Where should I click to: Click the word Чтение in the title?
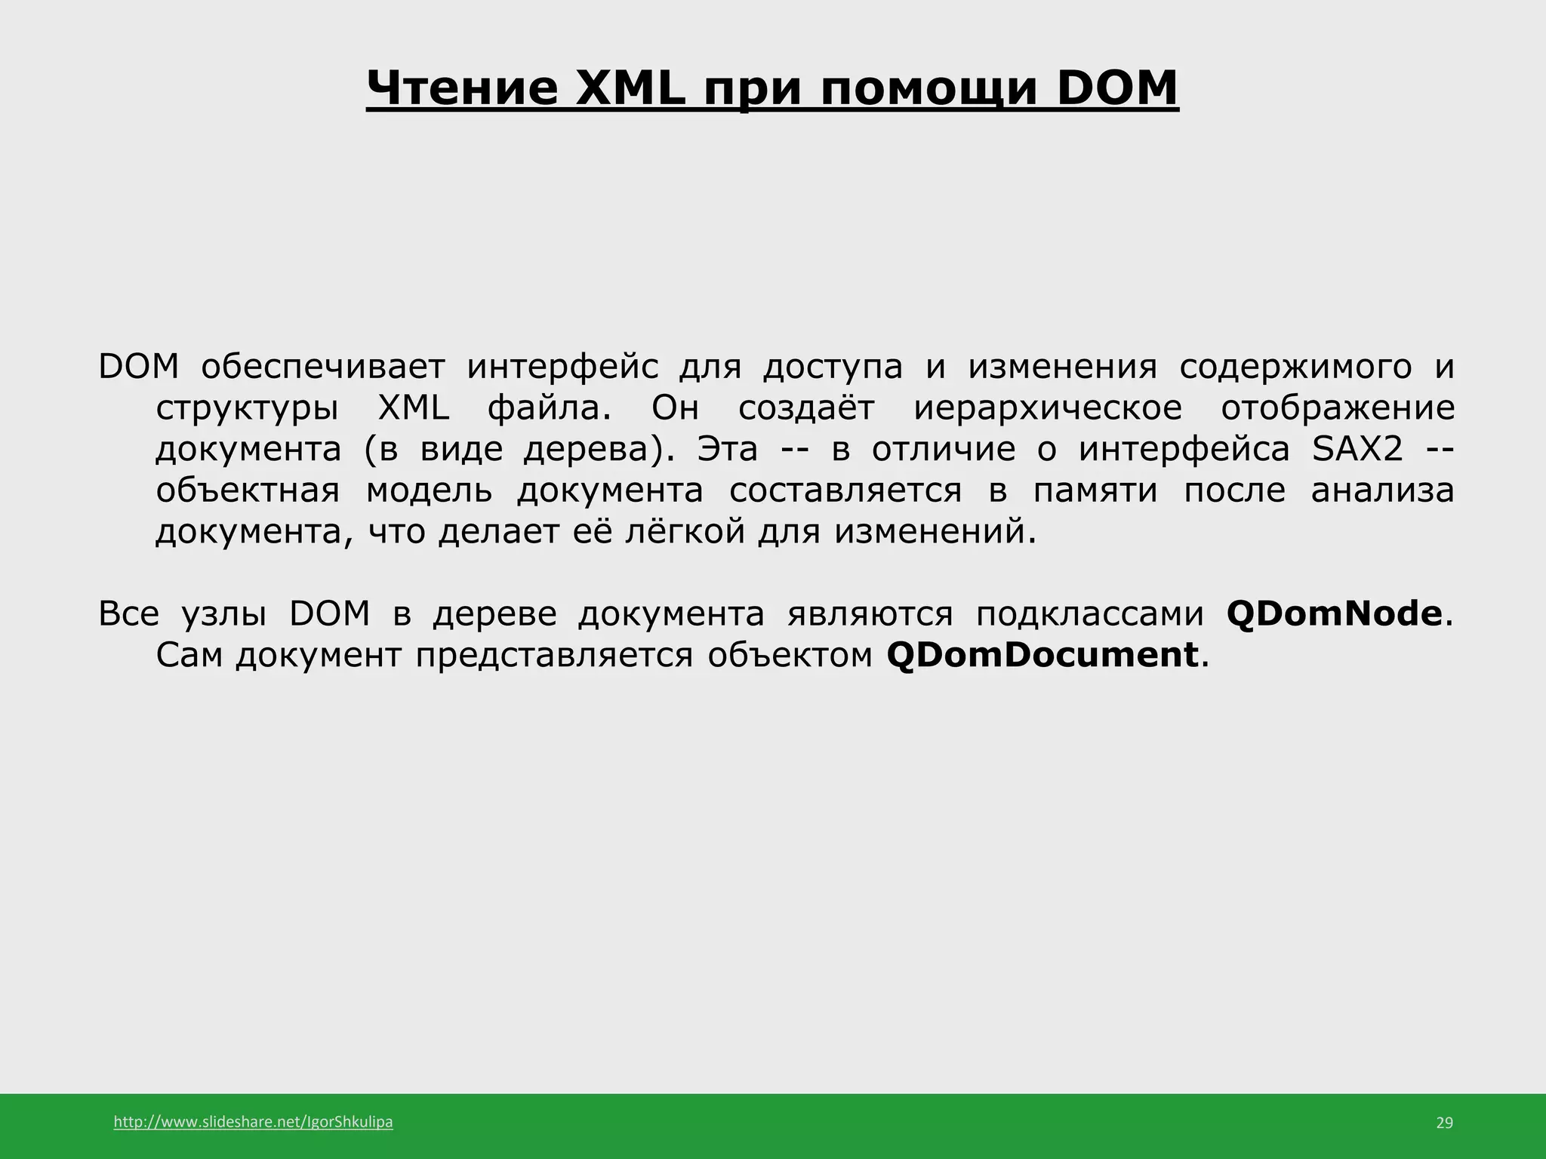coord(462,88)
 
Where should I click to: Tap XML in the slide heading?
coord(631,88)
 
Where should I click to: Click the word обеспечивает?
coord(323,367)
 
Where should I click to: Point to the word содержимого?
coord(1295,367)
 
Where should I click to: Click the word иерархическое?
coord(1048,409)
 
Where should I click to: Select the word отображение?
coord(1338,409)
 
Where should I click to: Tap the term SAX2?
coord(1358,450)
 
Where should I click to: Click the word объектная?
coord(248,491)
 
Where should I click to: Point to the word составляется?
coord(845,491)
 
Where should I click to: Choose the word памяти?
coord(1095,491)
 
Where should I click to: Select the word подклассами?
coord(1089,614)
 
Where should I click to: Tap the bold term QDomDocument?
coord(1042,655)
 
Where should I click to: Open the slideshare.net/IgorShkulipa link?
coord(253,1122)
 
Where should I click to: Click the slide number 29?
coord(1443,1123)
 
